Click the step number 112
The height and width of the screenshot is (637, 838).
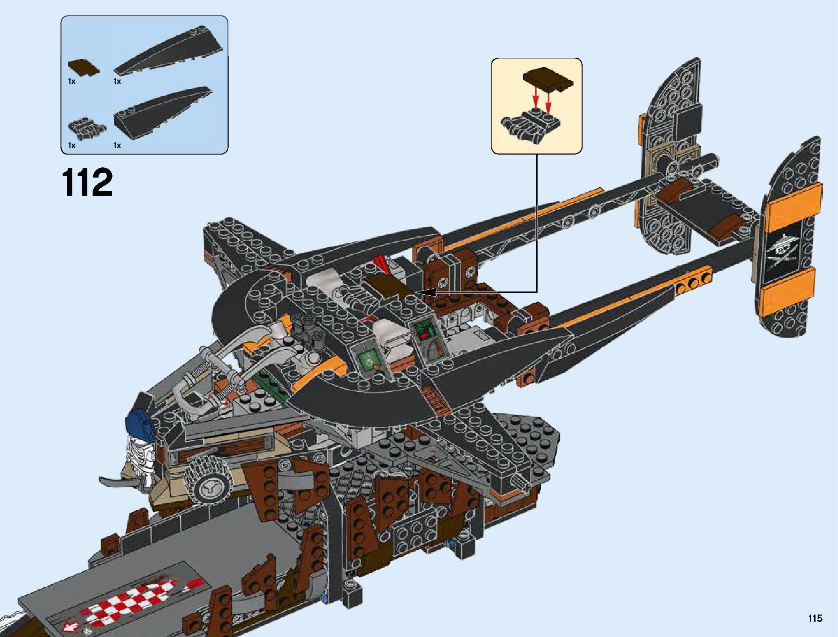pyautogui.click(x=88, y=182)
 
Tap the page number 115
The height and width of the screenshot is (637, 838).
pyautogui.click(x=815, y=619)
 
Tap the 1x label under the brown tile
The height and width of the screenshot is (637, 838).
pyautogui.click(x=72, y=81)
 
